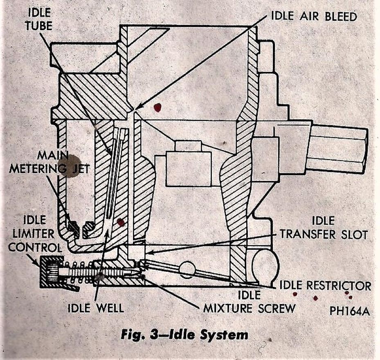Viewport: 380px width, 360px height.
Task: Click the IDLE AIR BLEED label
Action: (314, 17)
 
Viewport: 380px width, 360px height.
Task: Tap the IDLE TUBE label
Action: (40, 19)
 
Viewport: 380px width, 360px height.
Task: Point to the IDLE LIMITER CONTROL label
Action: (35, 234)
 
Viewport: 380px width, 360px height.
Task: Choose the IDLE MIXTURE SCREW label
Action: (249, 302)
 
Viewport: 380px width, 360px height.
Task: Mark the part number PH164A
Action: (349, 312)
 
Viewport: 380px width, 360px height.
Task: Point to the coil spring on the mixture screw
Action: (78, 271)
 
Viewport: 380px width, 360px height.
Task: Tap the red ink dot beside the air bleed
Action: (157, 107)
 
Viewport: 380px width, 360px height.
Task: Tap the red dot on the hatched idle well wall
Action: (120, 222)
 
